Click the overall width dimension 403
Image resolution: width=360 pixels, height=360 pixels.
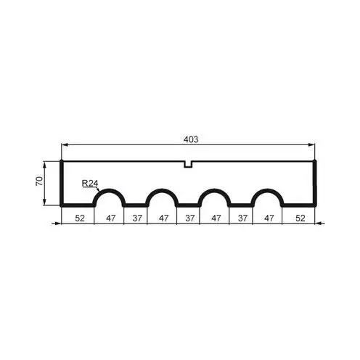(x=191, y=139)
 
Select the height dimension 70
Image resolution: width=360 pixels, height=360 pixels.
(x=39, y=181)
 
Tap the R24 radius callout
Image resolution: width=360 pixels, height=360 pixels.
(x=90, y=184)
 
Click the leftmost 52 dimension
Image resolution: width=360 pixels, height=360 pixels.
(x=80, y=218)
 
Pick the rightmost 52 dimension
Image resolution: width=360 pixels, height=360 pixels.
(x=300, y=218)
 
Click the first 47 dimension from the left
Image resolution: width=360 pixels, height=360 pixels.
(x=111, y=218)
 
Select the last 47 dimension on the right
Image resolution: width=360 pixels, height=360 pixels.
(x=269, y=218)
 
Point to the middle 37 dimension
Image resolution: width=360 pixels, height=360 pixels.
(x=190, y=218)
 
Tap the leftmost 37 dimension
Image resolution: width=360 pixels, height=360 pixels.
(x=137, y=218)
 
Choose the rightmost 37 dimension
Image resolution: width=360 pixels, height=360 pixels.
(x=242, y=218)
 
